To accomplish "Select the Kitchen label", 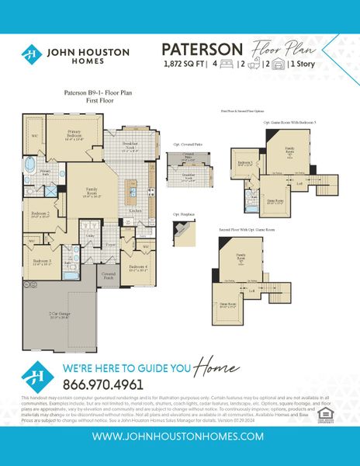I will pyautogui.click(x=133, y=210).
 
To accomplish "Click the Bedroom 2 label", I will pyautogui.click(x=41, y=214).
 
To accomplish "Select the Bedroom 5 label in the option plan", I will pyautogui.click(x=245, y=163).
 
